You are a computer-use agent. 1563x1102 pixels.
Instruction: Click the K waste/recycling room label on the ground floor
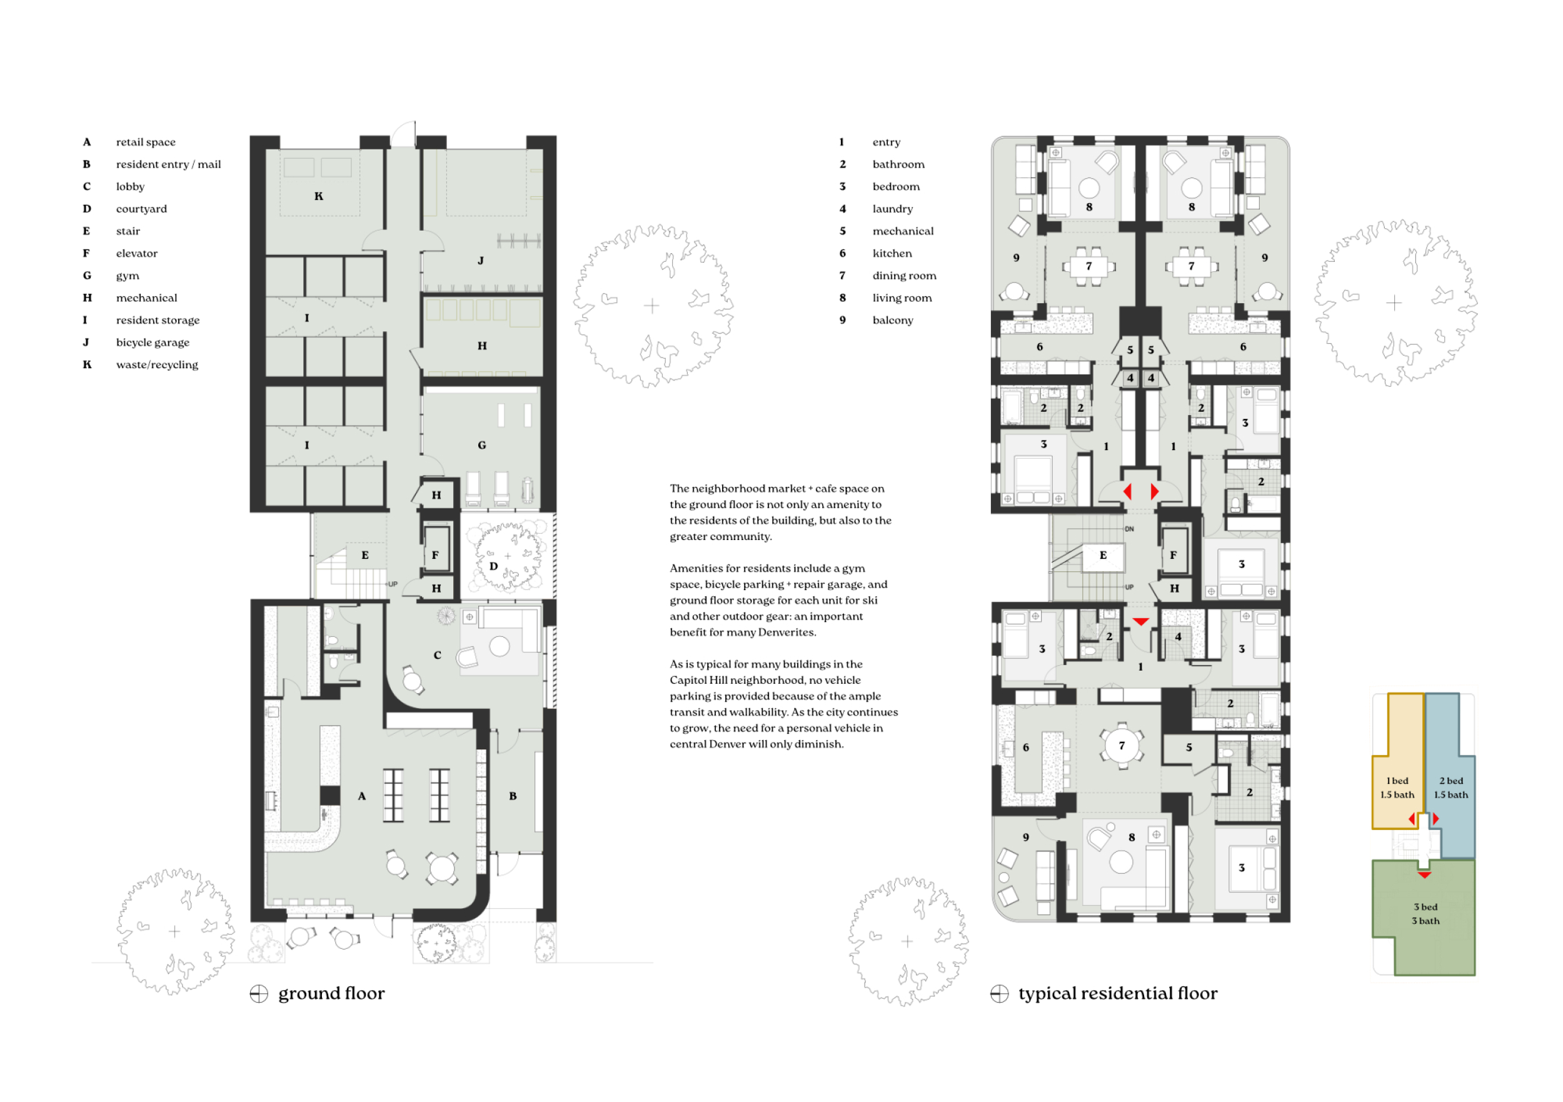coord(319,196)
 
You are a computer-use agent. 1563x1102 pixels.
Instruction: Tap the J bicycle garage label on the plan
coord(481,261)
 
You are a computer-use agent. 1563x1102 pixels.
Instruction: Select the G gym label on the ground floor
coord(482,445)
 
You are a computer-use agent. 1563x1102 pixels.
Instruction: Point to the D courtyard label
coord(493,566)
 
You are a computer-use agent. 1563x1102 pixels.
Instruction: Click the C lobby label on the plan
coord(438,656)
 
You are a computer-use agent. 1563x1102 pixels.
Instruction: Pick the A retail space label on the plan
coord(361,796)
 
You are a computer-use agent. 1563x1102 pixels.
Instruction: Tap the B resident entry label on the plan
coord(513,796)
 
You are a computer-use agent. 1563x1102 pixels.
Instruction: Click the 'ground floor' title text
coord(331,994)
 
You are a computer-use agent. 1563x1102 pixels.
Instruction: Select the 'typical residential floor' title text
coord(1118,994)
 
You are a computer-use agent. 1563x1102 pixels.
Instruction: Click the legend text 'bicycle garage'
coord(153,343)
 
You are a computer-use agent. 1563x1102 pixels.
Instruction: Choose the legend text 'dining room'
coord(904,276)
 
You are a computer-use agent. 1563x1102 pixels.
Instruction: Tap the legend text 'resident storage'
coord(158,320)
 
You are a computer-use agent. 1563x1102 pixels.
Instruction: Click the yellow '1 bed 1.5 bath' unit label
coord(1397,788)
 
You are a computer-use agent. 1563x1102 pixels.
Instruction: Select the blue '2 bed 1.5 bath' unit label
coord(1450,788)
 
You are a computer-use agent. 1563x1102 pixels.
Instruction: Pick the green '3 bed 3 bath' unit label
coord(1425,913)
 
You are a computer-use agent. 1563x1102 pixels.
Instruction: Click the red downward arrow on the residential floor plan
coord(1141,621)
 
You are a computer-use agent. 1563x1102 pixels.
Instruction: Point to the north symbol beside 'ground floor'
coord(259,994)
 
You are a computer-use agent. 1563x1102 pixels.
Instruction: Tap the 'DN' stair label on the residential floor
coord(1129,529)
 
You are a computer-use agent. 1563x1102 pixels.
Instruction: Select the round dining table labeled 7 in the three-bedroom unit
coord(1121,745)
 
